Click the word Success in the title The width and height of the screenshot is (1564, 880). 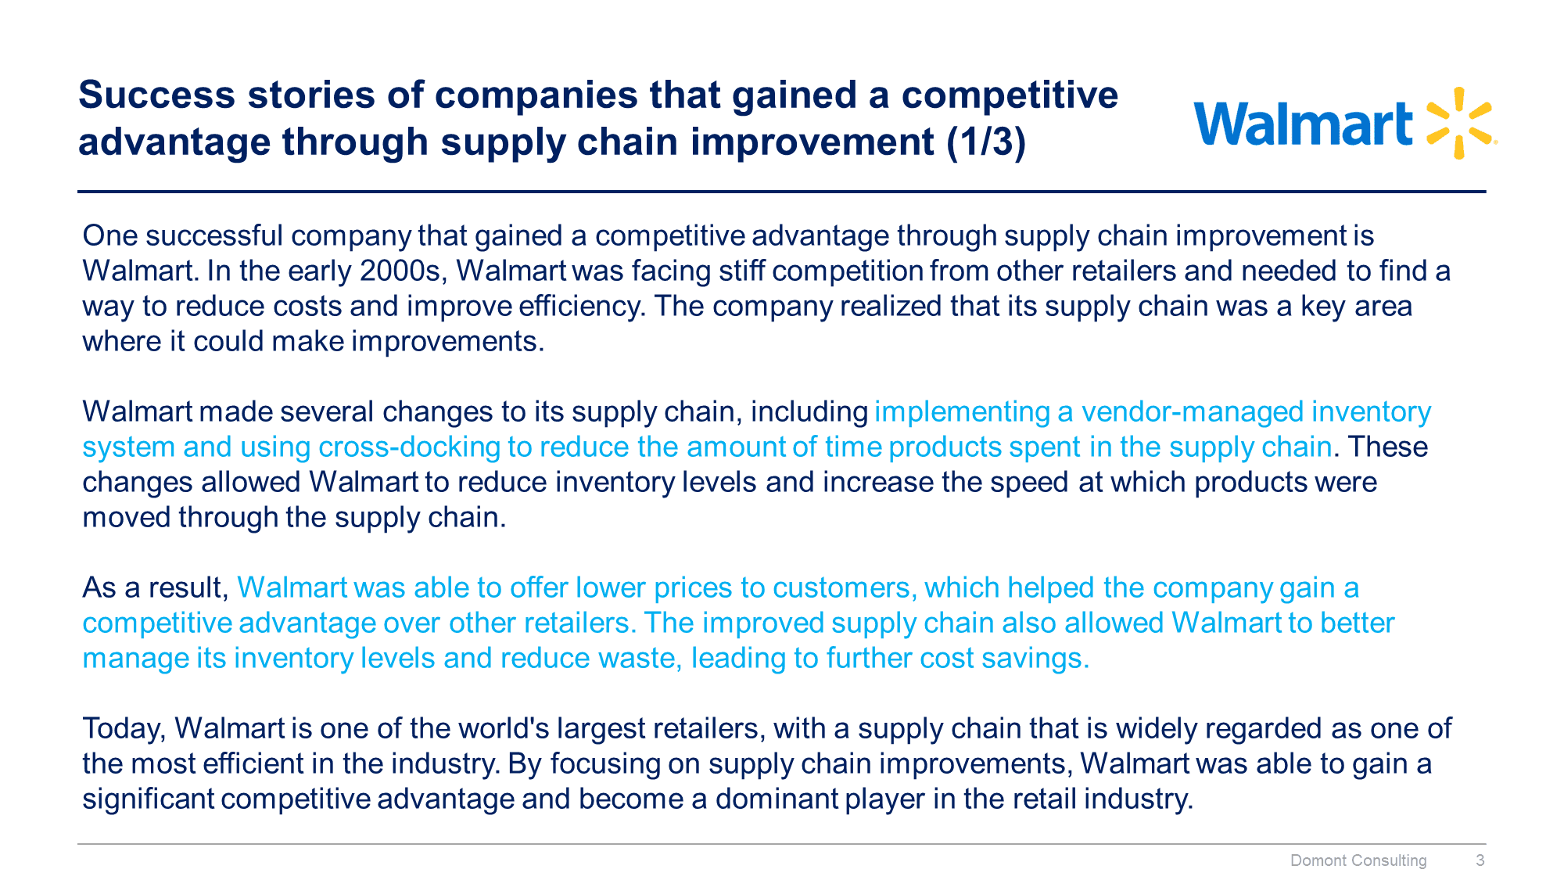click(156, 95)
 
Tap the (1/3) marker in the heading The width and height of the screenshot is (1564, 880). click(986, 142)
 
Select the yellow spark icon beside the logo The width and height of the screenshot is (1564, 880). click(1460, 124)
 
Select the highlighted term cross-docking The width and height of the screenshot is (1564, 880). click(410, 447)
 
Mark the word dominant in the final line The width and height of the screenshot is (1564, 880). click(777, 799)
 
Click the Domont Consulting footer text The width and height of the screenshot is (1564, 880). click(1358, 860)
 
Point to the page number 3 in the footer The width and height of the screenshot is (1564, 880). click(1480, 860)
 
